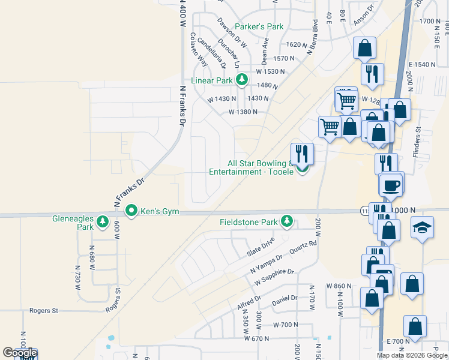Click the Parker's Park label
[x=259, y=26]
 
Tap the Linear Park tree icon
[x=242, y=79]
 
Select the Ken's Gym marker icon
[x=131, y=211]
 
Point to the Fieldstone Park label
[x=248, y=222]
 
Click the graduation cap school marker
[x=422, y=228]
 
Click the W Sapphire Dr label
[x=274, y=277]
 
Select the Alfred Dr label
[x=249, y=302]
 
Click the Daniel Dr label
[x=285, y=298]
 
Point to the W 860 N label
[x=338, y=286]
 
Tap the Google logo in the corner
[x=19, y=353]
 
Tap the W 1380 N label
[x=243, y=112]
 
